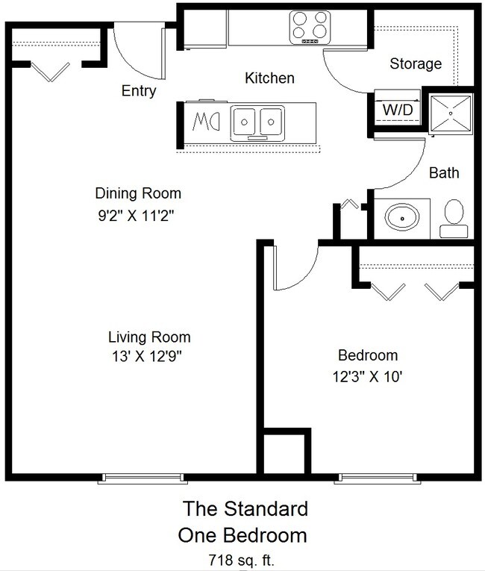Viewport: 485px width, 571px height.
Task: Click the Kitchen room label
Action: coord(269,78)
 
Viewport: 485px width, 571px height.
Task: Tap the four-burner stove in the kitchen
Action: coord(310,28)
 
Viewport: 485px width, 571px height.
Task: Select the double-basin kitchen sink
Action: coord(257,123)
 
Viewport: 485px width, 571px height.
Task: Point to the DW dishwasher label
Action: coord(206,122)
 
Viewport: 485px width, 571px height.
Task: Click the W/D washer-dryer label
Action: coord(398,109)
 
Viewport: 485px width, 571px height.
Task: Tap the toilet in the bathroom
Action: coord(454,219)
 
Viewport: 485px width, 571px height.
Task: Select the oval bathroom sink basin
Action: coord(402,218)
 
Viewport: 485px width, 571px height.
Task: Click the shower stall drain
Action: coord(451,113)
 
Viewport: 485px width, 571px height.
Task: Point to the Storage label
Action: coord(416,63)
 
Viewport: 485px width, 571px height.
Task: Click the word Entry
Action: coord(139,90)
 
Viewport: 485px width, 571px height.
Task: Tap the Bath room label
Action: coord(444,172)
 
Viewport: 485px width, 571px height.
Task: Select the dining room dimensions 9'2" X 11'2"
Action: coord(137,216)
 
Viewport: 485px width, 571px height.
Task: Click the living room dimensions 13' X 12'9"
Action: coord(147,357)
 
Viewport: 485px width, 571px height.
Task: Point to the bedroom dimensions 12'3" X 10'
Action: coord(367,376)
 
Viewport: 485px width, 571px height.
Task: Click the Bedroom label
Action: coord(368,355)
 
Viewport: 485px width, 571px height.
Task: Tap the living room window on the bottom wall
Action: coord(143,478)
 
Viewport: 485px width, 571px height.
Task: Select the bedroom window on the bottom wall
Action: coord(378,478)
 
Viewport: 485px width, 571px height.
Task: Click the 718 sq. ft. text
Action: coord(241,559)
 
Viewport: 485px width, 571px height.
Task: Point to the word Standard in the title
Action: coord(266,509)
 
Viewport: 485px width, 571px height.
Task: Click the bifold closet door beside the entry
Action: coord(50,72)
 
